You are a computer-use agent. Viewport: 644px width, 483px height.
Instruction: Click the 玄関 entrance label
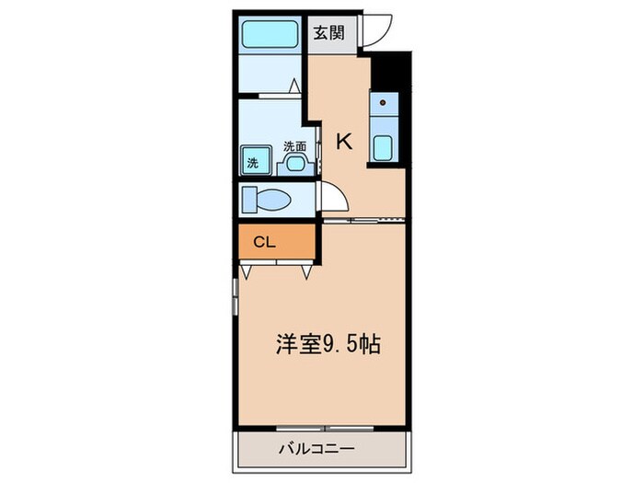328,34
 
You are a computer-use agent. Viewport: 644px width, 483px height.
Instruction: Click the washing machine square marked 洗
253,161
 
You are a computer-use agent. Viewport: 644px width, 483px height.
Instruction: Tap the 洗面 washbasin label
294,145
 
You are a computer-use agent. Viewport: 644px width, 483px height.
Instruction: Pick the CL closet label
264,243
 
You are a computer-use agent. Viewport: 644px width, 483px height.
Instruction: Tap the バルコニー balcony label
317,450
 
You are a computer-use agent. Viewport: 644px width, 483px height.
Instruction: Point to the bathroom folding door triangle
294,86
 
